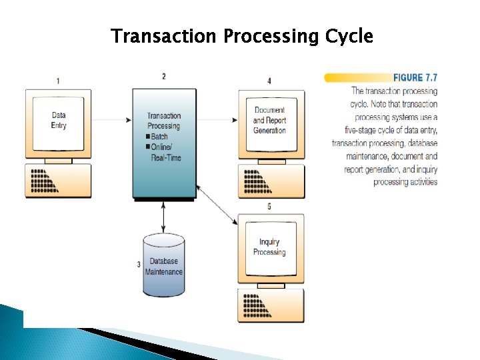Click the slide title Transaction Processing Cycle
point(241,36)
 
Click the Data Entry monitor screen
point(59,120)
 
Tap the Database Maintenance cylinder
point(165,265)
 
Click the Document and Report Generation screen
point(269,121)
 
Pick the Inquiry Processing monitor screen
point(269,247)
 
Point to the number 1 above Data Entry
point(58,81)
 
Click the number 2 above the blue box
point(164,77)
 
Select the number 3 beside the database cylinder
point(139,265)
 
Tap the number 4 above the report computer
point(269,81)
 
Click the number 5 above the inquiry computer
point(269,207)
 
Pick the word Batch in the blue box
point(159,137)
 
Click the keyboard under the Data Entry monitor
point(59,180)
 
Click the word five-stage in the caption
point(360,130)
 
